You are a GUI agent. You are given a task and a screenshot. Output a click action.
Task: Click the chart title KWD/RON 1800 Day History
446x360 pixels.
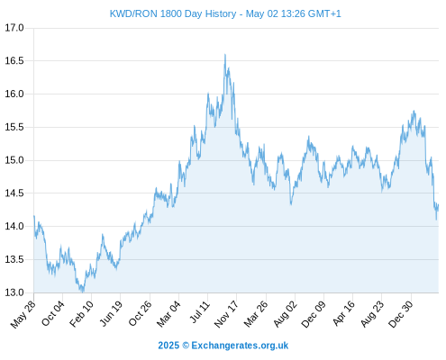173,13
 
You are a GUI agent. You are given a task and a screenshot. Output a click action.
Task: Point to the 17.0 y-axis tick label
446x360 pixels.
14,28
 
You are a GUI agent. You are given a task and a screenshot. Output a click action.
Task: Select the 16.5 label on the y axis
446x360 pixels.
14,61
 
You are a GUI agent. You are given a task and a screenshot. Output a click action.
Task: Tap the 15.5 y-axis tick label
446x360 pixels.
14,127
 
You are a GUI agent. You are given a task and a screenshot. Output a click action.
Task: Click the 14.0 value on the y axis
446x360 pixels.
14,226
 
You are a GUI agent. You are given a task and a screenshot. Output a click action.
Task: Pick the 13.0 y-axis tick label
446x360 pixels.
14,292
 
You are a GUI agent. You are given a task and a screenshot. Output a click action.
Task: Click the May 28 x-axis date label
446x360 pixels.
23,314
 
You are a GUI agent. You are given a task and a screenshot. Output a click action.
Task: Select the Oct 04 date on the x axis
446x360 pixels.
53,313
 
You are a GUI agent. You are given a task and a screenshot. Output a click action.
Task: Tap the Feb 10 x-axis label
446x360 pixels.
82,314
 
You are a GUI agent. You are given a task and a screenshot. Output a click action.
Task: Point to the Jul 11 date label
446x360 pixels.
200,312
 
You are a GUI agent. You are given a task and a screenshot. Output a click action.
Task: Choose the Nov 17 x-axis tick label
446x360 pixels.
227,314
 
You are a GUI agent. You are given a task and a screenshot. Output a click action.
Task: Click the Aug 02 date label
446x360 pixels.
286,314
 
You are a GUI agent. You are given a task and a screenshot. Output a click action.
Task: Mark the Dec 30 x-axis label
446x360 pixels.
401,314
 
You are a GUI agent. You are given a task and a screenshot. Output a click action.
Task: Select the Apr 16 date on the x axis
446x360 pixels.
344,313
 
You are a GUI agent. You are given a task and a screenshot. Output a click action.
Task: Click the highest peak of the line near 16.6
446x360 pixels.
225,55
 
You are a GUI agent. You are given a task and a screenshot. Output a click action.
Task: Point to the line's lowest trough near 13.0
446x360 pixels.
83,292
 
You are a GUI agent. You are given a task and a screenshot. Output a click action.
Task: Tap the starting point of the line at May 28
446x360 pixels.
34,216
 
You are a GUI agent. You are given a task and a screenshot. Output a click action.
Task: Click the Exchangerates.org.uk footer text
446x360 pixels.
240,346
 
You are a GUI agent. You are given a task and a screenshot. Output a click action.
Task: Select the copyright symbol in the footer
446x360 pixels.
186,346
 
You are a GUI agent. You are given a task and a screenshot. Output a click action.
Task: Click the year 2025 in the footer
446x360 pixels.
168,346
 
